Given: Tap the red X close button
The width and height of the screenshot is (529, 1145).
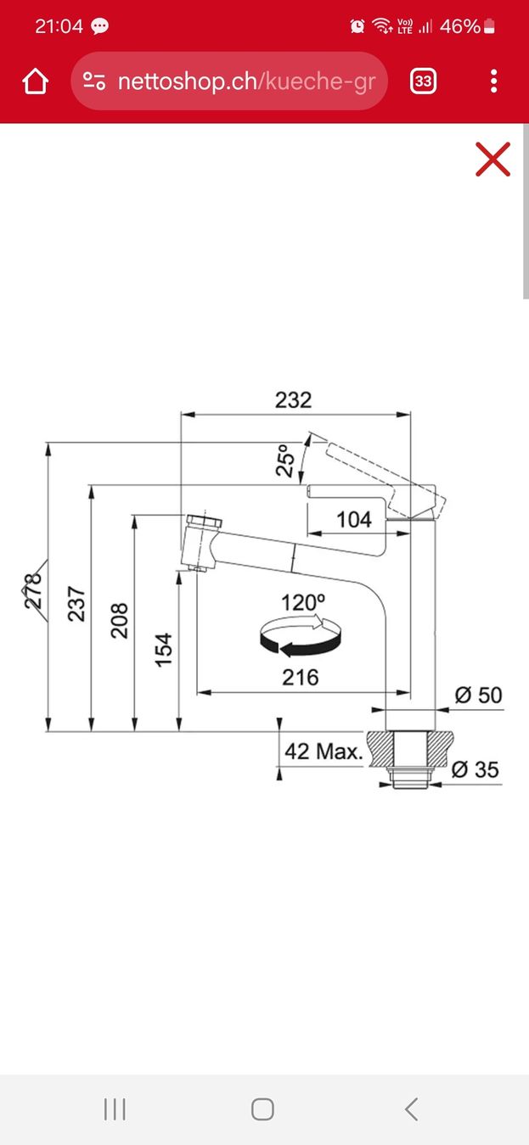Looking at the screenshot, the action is pos(492,159).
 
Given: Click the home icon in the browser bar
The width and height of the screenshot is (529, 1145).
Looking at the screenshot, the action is pos(36,81).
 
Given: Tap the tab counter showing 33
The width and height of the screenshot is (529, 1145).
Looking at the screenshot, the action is pos(423,81).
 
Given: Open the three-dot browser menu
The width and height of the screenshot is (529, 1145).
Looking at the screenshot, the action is pos(493,81).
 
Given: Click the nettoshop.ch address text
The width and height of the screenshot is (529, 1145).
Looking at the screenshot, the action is pos(246,81).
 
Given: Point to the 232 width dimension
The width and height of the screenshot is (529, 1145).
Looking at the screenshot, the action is pos(293,399).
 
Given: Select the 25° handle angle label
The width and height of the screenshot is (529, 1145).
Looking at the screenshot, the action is pos(285,461).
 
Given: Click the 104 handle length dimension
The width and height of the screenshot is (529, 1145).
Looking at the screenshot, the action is pos(354,520).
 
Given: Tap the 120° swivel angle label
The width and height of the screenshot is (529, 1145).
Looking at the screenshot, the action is pos(303,602).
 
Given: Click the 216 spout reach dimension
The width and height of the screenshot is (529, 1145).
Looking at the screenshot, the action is pos(301,678).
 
